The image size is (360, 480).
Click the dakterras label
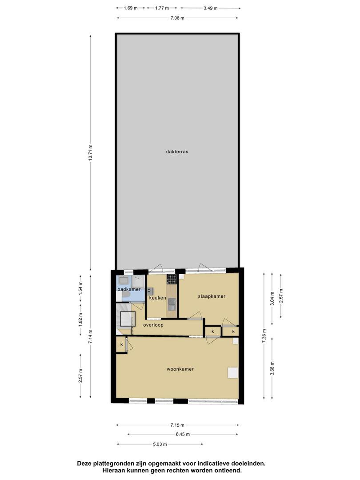(x=177, y=152)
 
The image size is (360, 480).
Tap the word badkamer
(x=129, y=289)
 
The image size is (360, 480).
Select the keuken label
(x=157, y=298)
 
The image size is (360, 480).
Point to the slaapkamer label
(x=212, y=296)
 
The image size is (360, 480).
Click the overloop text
(x=153, y=325)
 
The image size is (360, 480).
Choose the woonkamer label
(x=180, y=369)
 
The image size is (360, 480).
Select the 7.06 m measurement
(x=177, y=18)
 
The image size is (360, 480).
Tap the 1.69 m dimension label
(x=131, y=8)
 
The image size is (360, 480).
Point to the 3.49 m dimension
(x=211, y=8)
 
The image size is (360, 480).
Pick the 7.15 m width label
(x=177, y=425)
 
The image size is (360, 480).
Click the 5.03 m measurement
(x=160, y=444)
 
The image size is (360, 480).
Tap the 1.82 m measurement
(x=80, y=319)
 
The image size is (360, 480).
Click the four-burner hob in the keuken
(x=172, y=279)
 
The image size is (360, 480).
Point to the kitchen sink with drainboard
(x=172, y=304)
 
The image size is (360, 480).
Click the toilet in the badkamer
(x=126, y=295)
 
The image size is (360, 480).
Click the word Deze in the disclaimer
(x=84, y=464)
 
